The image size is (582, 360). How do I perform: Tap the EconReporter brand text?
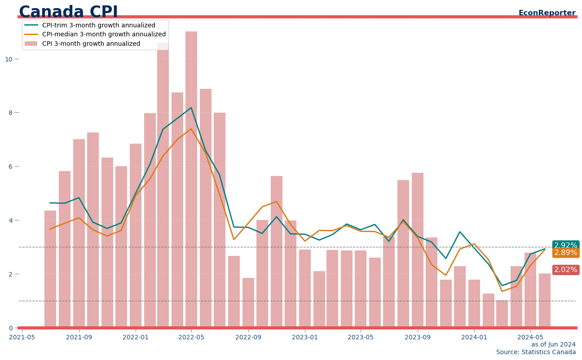547,13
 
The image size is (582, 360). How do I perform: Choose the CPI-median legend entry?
104,35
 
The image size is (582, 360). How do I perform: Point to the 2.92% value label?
565,246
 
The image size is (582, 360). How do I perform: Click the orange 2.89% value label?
565,253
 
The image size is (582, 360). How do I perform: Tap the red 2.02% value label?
565,270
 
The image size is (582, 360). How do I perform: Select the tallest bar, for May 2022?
191,180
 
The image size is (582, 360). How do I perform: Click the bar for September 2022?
248,303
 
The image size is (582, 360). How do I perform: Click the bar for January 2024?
474,303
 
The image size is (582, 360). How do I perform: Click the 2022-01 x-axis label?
136,337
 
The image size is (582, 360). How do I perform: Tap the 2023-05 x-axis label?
361,337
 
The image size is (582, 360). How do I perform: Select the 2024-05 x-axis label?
530,337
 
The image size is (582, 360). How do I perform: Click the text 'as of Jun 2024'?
553,345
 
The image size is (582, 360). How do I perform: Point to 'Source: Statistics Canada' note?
536,352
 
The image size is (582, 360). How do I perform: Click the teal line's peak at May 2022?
191,108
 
